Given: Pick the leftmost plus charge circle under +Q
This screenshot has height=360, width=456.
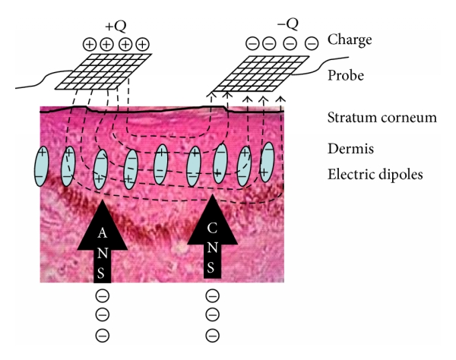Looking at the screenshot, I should pos(90,44).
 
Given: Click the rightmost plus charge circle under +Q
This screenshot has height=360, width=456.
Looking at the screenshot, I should pos(142,44).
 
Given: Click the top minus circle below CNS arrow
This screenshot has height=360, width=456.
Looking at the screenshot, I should pos(213,296).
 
